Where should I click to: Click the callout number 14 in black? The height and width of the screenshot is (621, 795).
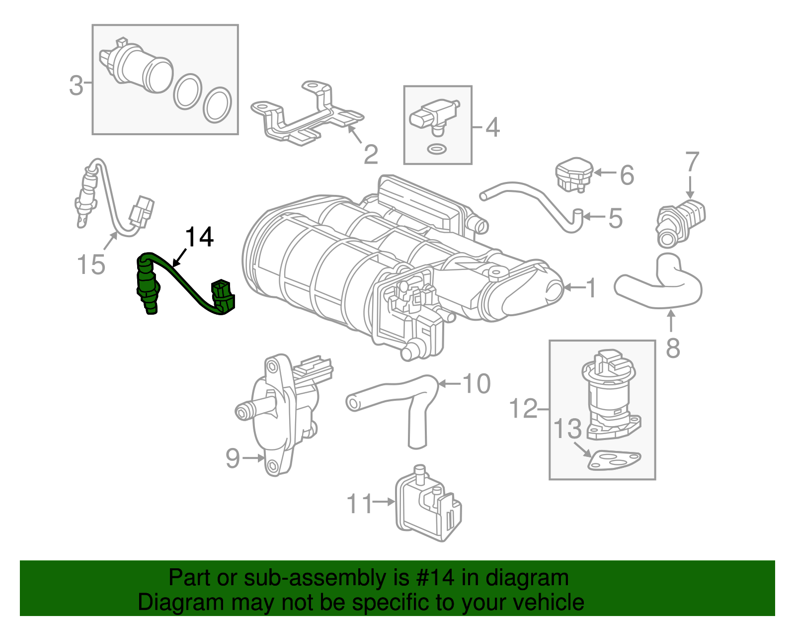tap(200, 238)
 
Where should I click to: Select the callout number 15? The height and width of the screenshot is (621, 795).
tap(91, 265)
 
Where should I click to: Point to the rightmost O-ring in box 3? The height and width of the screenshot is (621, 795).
tap(217, 105)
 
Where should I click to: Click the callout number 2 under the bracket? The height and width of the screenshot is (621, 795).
tap(371, 155)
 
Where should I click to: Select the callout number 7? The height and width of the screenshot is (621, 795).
tap(692, 162)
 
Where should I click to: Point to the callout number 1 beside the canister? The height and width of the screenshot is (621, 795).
tap(591, 288)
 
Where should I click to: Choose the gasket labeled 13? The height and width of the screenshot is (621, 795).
tap(613, 460)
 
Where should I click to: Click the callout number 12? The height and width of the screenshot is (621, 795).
tap(523, 409)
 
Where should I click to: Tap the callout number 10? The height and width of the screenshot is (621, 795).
tap(476, 384)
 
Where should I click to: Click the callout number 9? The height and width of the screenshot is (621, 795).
tap(233, 458)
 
